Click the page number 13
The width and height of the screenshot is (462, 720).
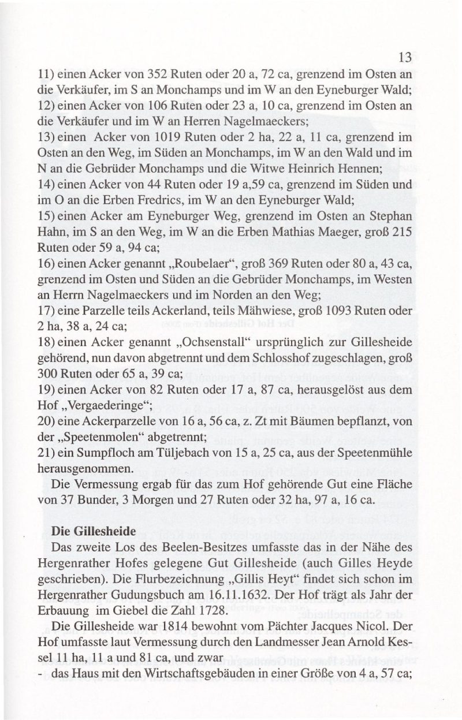click(404, 57)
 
